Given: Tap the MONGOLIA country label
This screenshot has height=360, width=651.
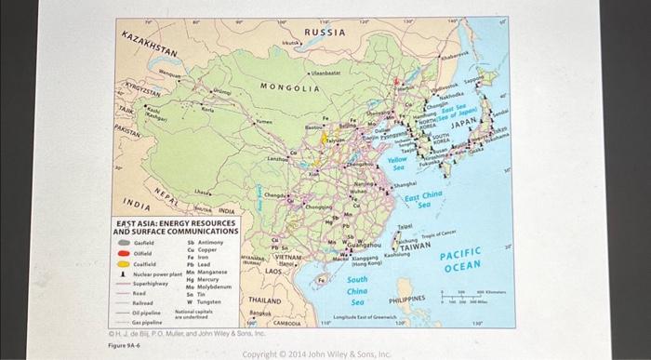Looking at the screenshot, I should (x=289, y=87).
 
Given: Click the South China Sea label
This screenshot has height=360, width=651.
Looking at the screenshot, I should (x=357, y=291).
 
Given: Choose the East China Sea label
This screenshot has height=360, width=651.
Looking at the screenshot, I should (x=424, y=199).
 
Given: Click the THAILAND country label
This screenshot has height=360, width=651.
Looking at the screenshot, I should (x=265, y=300).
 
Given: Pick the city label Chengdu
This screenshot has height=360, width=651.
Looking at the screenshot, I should (x=273, y=196).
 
